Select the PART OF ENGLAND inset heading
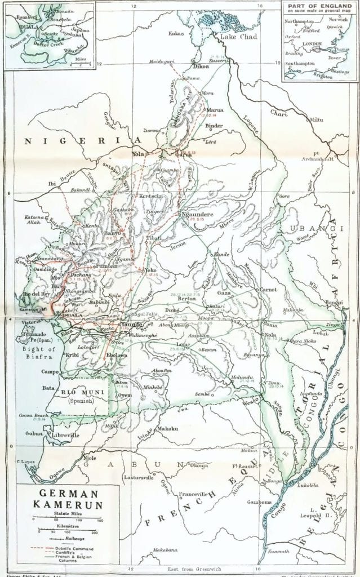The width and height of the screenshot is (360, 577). coord(318,5)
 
